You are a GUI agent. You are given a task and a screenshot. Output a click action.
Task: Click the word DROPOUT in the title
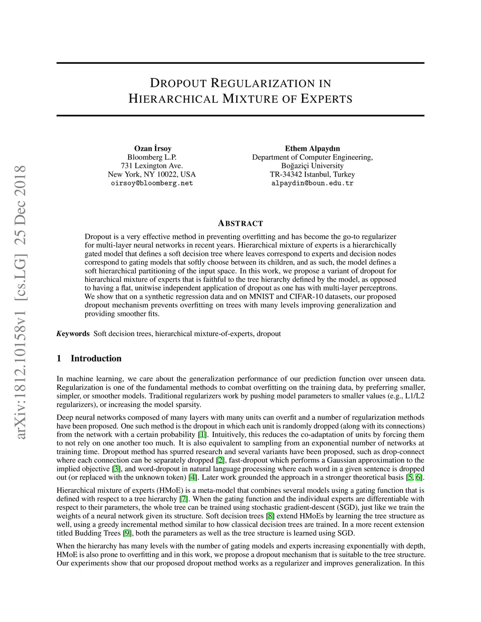pos(178,84)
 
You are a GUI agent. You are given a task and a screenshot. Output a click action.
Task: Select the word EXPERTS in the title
pos(326,99)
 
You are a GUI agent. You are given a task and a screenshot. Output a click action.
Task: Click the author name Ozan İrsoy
pos(153,148)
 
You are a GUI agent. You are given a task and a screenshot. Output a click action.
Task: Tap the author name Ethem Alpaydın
pos(312,148)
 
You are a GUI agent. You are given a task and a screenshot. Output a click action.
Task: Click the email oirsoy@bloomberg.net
pos(152,183)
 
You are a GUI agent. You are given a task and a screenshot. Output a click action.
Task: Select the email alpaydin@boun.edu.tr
pos(312,183)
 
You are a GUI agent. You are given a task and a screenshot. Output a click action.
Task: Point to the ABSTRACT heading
pos(240,223)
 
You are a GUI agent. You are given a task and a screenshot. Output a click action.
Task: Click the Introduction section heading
pos(96,359)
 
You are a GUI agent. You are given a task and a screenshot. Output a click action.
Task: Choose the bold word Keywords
pos(73,334)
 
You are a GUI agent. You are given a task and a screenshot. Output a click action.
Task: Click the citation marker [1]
pos(202,435)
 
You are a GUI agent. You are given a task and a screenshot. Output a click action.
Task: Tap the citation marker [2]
pos(220,460)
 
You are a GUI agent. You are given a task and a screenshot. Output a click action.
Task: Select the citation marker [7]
pos(184,499)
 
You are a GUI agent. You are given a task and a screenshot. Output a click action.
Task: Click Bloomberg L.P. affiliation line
pos(152,157)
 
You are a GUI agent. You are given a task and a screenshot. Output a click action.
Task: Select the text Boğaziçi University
pos(312,166)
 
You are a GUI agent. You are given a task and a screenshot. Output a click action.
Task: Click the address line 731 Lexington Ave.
pos(152,166)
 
